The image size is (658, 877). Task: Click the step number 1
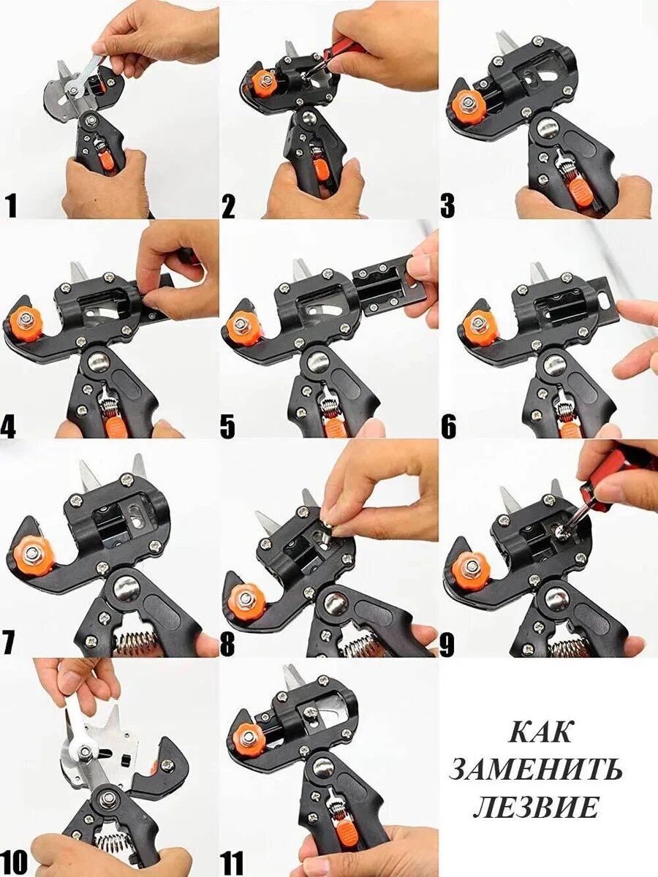[x=12, y=205]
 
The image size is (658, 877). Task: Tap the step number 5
[x=227, y=426]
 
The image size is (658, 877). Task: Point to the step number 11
[x=232, y=862]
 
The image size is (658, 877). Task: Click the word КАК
[x=540, y=731]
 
